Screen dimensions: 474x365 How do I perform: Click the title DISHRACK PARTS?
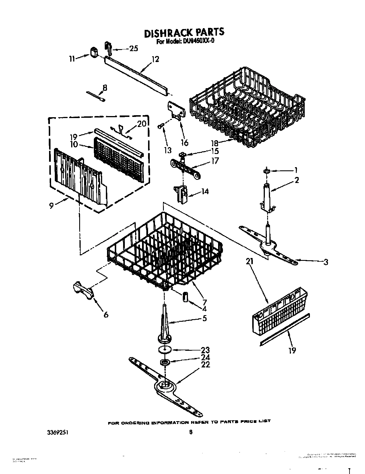click(184, 32)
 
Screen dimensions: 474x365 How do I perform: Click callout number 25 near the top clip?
click(133, 49)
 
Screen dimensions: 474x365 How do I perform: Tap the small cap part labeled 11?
click(94, 53)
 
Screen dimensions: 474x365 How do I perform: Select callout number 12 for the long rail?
click(155, 59)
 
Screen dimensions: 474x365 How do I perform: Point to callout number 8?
click(105, 88)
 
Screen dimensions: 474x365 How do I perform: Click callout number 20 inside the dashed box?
click(141, 124)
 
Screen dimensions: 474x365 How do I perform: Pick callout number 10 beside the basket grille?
click(74, 144)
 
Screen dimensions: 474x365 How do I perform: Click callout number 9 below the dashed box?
click(51, 205)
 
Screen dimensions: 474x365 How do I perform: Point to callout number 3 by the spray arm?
click(325, 262)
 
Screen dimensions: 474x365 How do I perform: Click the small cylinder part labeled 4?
click(185, 297)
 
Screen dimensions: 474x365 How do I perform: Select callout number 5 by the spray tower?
click(204, 318)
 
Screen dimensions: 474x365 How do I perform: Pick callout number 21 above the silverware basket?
click(250, 261)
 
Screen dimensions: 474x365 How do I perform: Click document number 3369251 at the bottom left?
click(58, 431)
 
